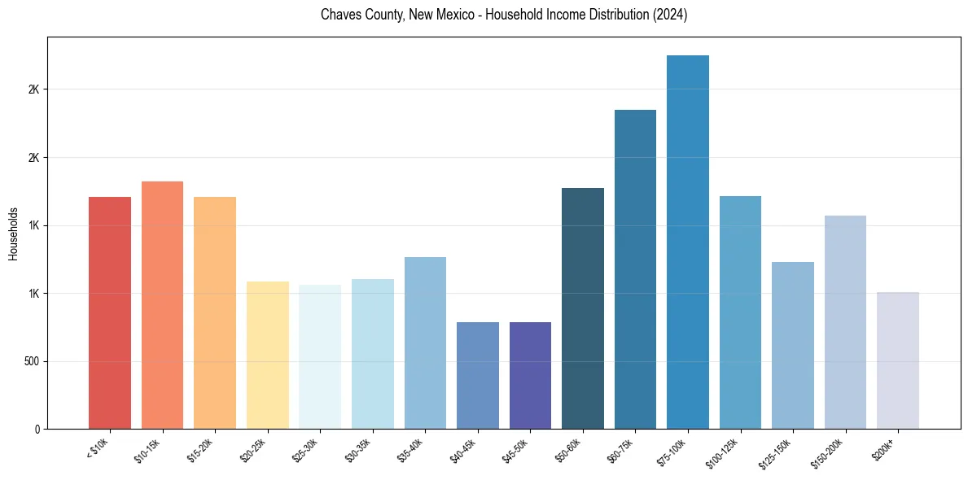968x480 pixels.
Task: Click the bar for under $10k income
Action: (x=110, y=312)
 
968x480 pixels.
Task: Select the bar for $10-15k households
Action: (x=162, y=305)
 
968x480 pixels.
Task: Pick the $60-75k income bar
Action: (x=635, y=269)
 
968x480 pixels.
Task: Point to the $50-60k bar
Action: (x=583, y=308)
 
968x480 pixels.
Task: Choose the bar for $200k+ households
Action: (x=898, y=360)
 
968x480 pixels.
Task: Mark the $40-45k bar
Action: (x=478, y=375)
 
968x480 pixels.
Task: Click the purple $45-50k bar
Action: (x=530, y=375)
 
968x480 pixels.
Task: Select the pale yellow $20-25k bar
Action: (x=268, y=355)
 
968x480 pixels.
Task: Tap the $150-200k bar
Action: (x=845, y=322)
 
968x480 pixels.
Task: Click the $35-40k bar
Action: (x=425, y=343)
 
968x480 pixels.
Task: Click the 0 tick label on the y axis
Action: (x=37, y=429)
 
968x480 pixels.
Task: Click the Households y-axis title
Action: (x=14, y=233)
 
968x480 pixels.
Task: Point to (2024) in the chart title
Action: (x=671, y=15)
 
